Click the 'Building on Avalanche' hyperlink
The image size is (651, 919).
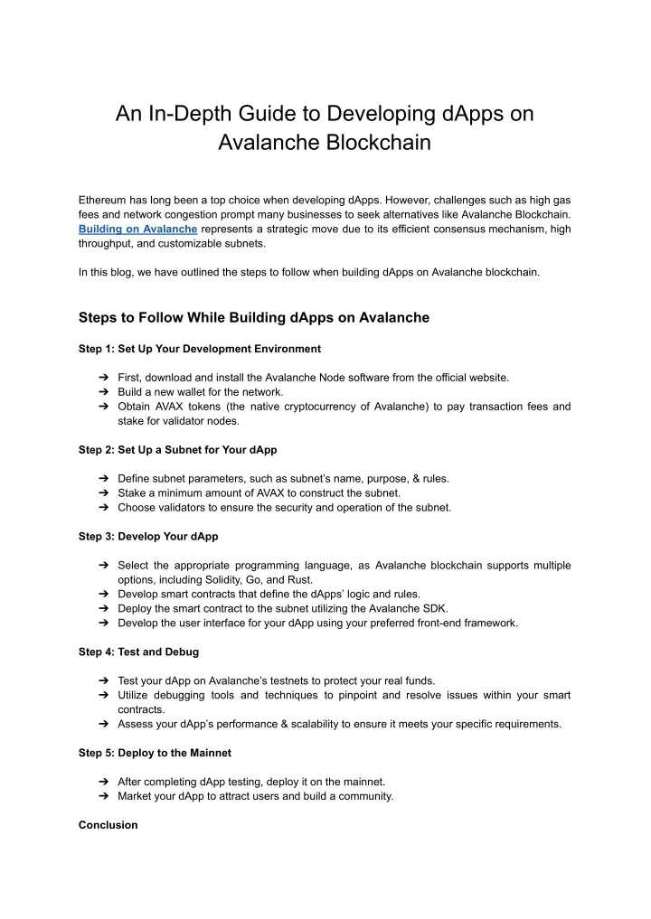[x=137, y=230]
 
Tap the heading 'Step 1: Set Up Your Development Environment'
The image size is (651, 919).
[x=199, y=348]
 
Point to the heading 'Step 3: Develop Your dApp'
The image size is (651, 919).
[x=148, y=536]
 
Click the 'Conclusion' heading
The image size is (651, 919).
[x=108, y=825]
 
